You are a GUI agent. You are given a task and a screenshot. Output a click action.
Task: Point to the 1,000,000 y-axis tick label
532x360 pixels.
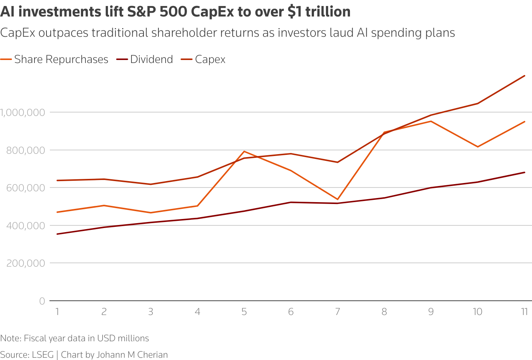[22, 112]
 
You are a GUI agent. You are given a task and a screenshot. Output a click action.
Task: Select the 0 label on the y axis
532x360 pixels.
[42, 301]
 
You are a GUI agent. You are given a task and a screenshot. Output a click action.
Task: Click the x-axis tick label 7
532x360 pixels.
[337, 312]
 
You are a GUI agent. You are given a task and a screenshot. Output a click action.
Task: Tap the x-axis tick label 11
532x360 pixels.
[524, 312]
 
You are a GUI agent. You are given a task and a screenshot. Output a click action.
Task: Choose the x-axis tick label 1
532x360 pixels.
[57, 312]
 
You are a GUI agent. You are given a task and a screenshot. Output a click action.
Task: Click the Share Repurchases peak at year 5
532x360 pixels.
[244, 151]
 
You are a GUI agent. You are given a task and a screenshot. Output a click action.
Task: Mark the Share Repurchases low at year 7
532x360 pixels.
[338, 199]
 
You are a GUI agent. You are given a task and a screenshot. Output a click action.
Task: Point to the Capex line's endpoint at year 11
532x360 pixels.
[525, 76]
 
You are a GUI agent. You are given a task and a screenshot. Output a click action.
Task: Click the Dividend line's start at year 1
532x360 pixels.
[57, 234]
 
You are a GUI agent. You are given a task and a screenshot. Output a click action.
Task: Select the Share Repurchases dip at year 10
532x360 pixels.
[478, 147]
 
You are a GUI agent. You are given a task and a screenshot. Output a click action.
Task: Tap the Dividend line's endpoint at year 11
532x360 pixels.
[525, 172]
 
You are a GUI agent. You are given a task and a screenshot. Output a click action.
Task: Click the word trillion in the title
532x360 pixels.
[328, 12]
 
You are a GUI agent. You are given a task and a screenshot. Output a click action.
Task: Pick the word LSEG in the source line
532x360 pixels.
[42, 355]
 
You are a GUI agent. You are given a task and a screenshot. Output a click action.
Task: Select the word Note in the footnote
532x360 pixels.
[10, 338]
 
